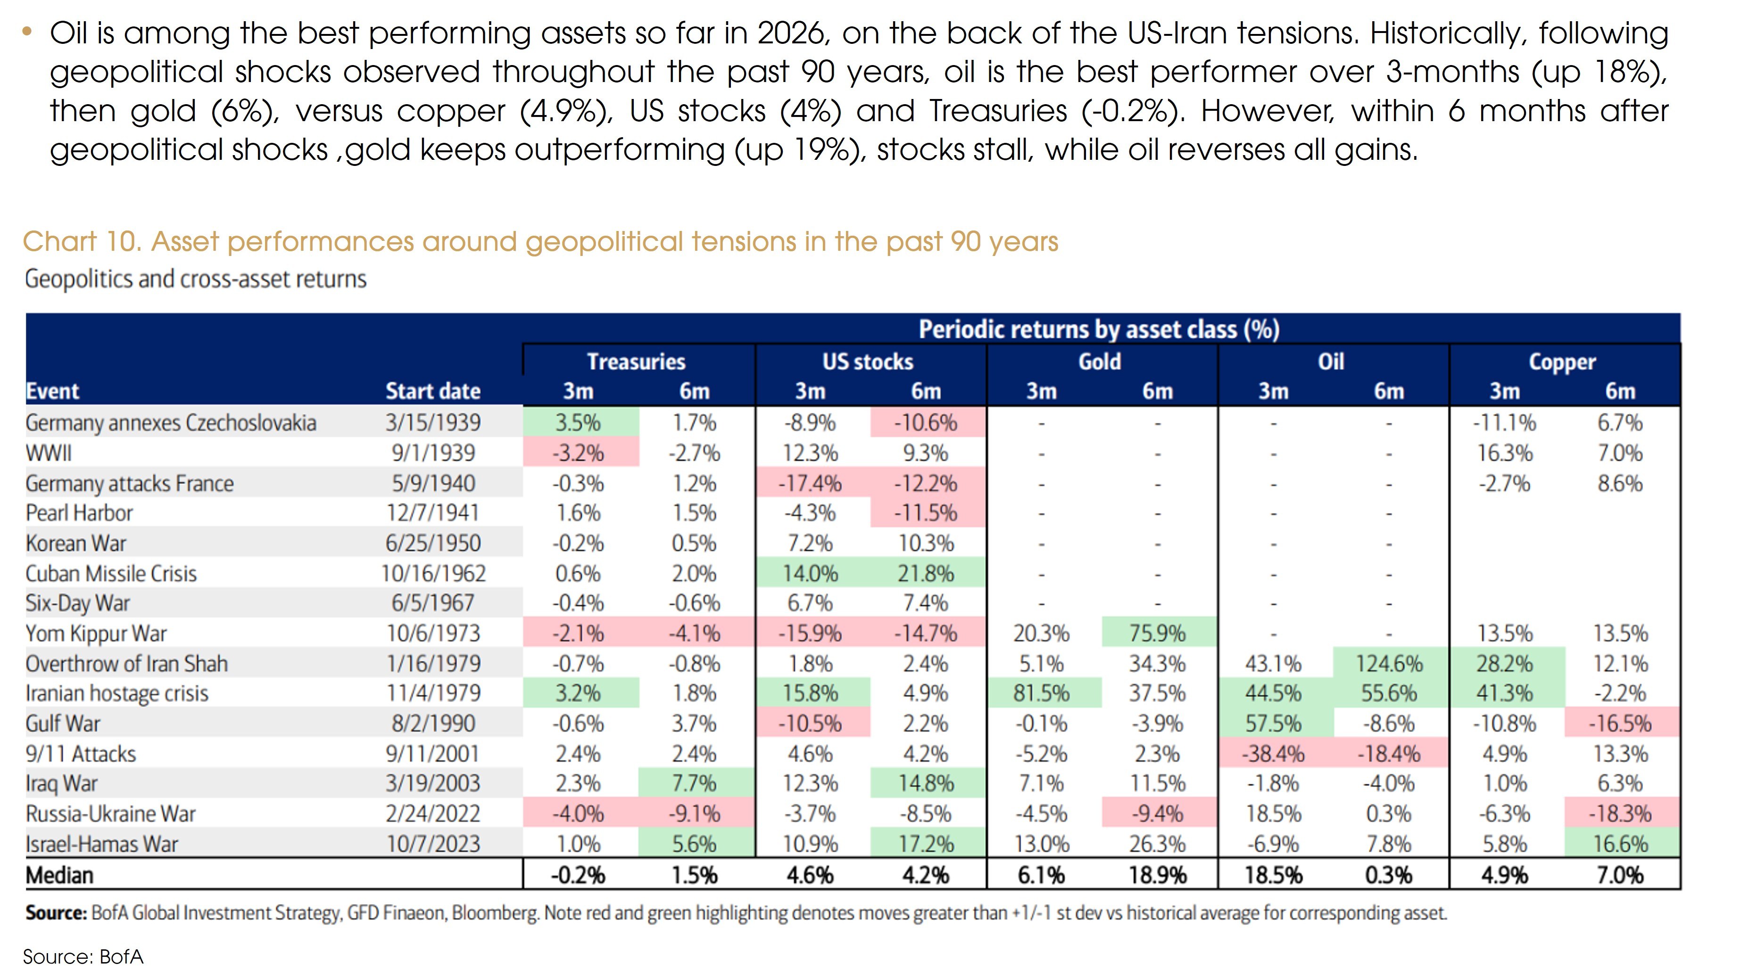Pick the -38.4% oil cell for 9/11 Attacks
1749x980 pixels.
(x=1273, y=753)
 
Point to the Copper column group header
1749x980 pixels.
(x=1562, y=362)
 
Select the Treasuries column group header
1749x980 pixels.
(x=636, y=362)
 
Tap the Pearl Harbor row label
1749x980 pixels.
(x=79, y=513)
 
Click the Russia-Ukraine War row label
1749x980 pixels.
(x=111, y=813)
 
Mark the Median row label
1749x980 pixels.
(x=60, y=875)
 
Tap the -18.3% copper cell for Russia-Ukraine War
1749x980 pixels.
(x=1620, y=813)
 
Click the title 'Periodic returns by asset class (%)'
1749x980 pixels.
(x=1099, y=329)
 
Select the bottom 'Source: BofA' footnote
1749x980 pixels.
(x=83, y=956)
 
